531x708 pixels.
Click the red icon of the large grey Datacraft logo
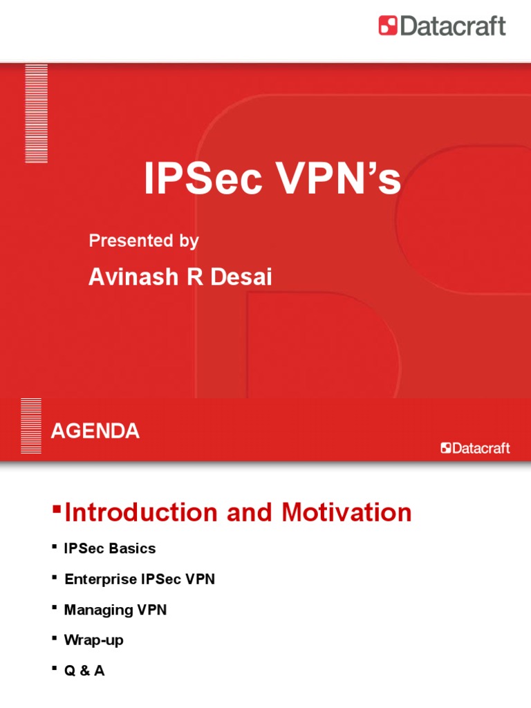click(388, 26)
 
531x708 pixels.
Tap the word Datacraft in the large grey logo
click(452, 26)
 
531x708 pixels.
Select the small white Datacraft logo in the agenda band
click(476, 448)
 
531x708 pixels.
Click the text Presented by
click(144, 241)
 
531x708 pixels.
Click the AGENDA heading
click(95, 431)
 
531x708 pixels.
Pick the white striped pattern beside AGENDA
click(31, 426)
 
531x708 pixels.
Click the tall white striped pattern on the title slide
click(36, 113)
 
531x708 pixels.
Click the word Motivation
click(346, 512)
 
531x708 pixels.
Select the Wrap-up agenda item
click(93, 640)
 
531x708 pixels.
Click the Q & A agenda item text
click(84, 671)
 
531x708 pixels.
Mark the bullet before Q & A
click(54, 668)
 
